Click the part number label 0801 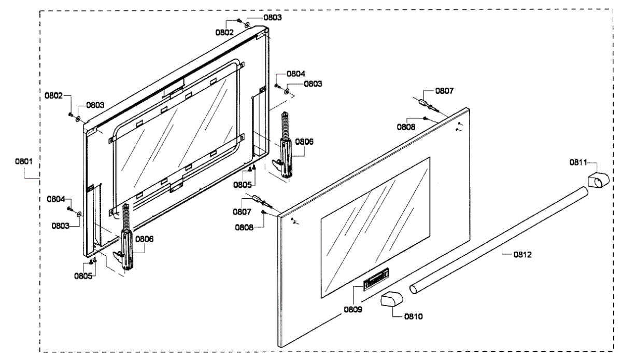[x=24, y=161]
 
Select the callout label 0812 [x=522, y=254]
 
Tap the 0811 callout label [x=578, y=162]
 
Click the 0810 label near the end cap [x=413, y=316]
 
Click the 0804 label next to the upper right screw [x=296, y=74]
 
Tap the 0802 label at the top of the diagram [x=225, y=32]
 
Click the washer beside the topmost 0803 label [x=247, y=24]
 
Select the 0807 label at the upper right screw [x=444, y=91]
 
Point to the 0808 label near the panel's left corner [x=244, y=227]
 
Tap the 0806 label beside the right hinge [x=304, y=141]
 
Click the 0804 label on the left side [x=56, y=199]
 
